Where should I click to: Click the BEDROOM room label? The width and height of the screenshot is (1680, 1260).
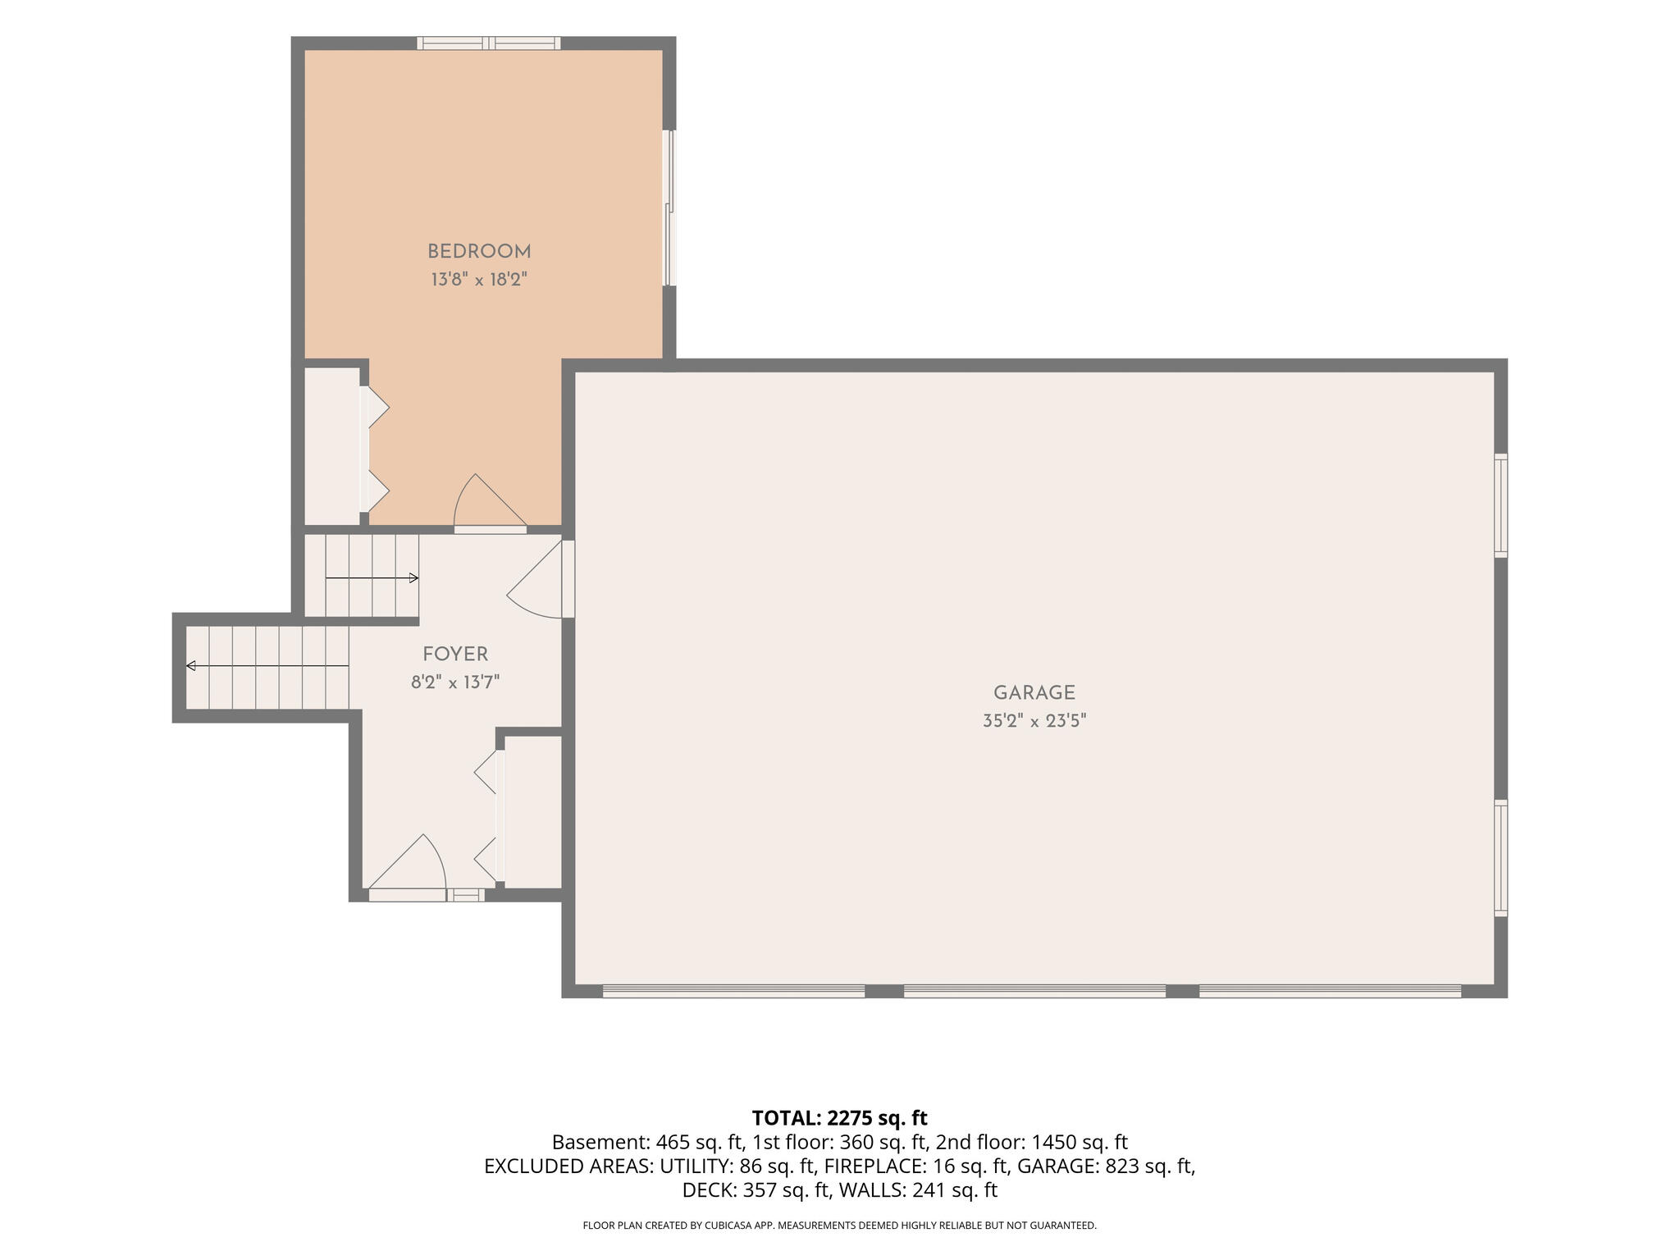(479, 251)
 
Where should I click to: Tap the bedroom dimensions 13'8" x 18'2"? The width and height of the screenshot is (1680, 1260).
(479, 280)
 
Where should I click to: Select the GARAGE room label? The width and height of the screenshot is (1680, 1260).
(1034, 692)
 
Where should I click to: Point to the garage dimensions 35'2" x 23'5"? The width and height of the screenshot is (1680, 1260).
(1034, 721)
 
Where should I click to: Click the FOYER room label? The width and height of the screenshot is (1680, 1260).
(455, 654)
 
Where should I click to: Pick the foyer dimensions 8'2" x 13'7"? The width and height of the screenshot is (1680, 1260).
(455, 682)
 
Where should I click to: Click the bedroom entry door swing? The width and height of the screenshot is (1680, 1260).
(490, 502)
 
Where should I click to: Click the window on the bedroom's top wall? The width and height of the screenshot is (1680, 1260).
(489, 43)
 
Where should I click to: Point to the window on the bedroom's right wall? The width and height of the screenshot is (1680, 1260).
(670, 208)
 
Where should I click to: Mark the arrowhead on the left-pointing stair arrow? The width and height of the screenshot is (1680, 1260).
(191, 665)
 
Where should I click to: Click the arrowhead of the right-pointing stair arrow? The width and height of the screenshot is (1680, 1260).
(413, 578)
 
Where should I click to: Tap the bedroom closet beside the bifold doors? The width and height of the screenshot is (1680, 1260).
(332, 445)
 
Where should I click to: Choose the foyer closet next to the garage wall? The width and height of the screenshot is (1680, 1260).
(533, 811)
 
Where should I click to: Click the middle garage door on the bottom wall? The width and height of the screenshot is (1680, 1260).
(1034, 991)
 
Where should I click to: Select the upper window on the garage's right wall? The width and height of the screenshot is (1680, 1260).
(1501, 505)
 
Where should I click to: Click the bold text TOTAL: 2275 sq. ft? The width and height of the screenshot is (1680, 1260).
(839, 1117)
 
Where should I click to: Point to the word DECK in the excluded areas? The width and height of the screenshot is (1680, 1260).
(710, 1189)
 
